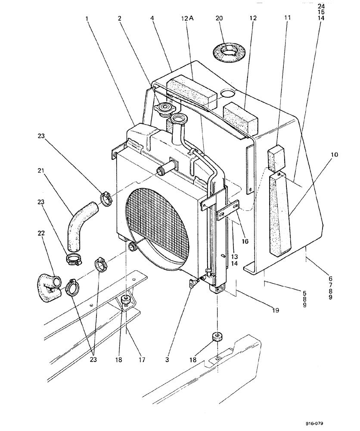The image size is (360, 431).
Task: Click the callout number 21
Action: [x=40, y=171]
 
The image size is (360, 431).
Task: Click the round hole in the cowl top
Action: [x=228, y=94]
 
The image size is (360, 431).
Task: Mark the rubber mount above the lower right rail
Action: [x=217, y=337]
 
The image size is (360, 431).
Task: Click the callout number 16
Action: [x=245, y=241]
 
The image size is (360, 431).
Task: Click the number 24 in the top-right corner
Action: [x=322, y=6]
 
